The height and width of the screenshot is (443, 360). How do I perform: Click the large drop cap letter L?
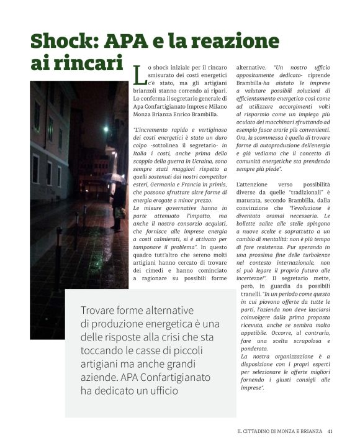(x=138, y=75)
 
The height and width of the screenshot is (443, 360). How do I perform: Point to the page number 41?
(x=331, y=429)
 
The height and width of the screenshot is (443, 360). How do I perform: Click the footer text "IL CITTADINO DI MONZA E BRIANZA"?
(x=280, y=429)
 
